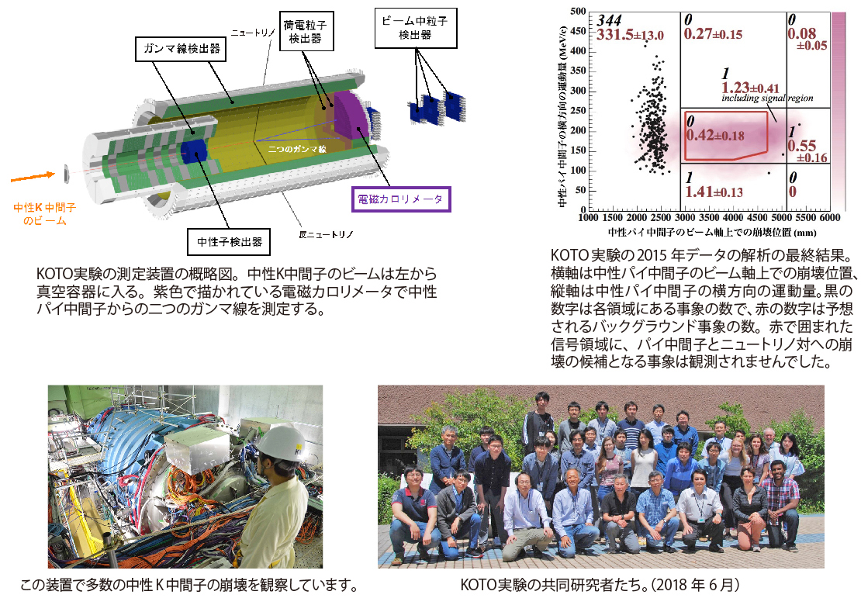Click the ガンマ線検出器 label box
pyautogui.click(x=181, y=49)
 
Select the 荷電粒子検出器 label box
pyautogui.click(x=306, y=31)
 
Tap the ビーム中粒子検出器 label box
pyautogui.click(x=416, y=28)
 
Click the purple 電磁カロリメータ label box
pyautogui.click(x=401, y=199)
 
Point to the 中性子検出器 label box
pyautogui.click(x=229, y=242)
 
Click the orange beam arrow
pyautogui.click(x=33, y=177)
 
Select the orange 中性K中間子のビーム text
pyautogui.click(x=44, y=214)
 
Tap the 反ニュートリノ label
pyautogui.click(x=326, y=234)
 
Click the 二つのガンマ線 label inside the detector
pyautogui.click(x=297, y=149)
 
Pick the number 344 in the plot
pyautogui.click(x=609, y=20)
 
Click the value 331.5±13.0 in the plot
pyautogui.click(x=630, y=35)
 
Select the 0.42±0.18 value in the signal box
pyautogui.click(x=715, y=135)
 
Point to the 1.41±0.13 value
pyautogui.click(x=714, y=192)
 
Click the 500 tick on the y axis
pyautogui.click(x=578, y=11)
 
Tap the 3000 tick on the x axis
pyautogui.click(x=685, y=217)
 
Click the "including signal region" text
pyautogui.click(x=767, y=99)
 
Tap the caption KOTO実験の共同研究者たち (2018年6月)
pyautogui.click(x=600, y=586)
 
